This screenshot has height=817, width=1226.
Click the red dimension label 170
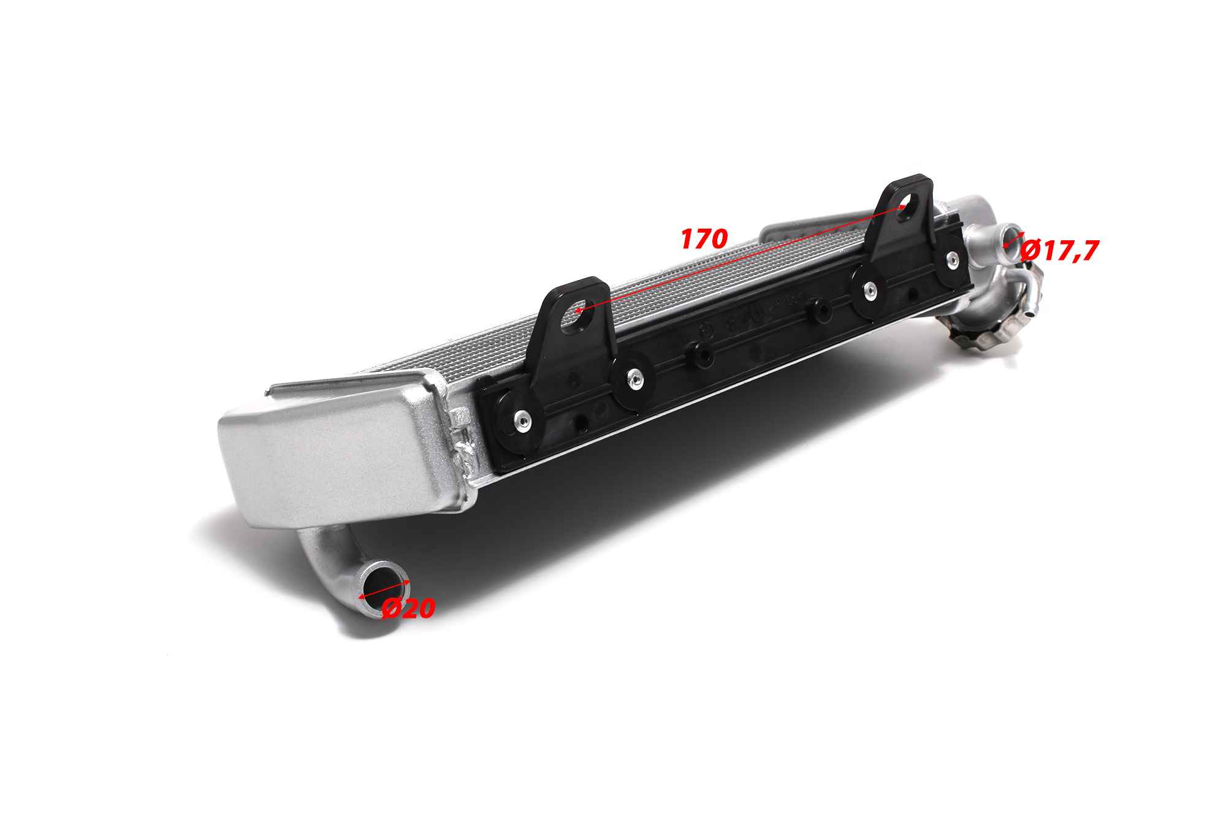704,239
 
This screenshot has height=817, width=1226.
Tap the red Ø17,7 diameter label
1060,250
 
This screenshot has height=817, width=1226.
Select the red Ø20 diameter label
408,608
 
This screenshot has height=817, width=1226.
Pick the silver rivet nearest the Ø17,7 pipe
952,260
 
